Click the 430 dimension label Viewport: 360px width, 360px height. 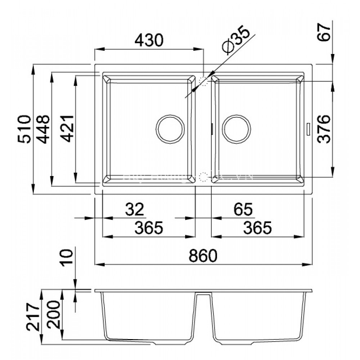[x=149, y=41]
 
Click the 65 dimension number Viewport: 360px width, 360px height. [x=243, y=208]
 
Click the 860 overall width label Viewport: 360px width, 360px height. [x=203, y=255]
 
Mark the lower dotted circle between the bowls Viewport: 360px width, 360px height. [x=204, y=177]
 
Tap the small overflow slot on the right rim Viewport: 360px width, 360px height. [x=308, y=129]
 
